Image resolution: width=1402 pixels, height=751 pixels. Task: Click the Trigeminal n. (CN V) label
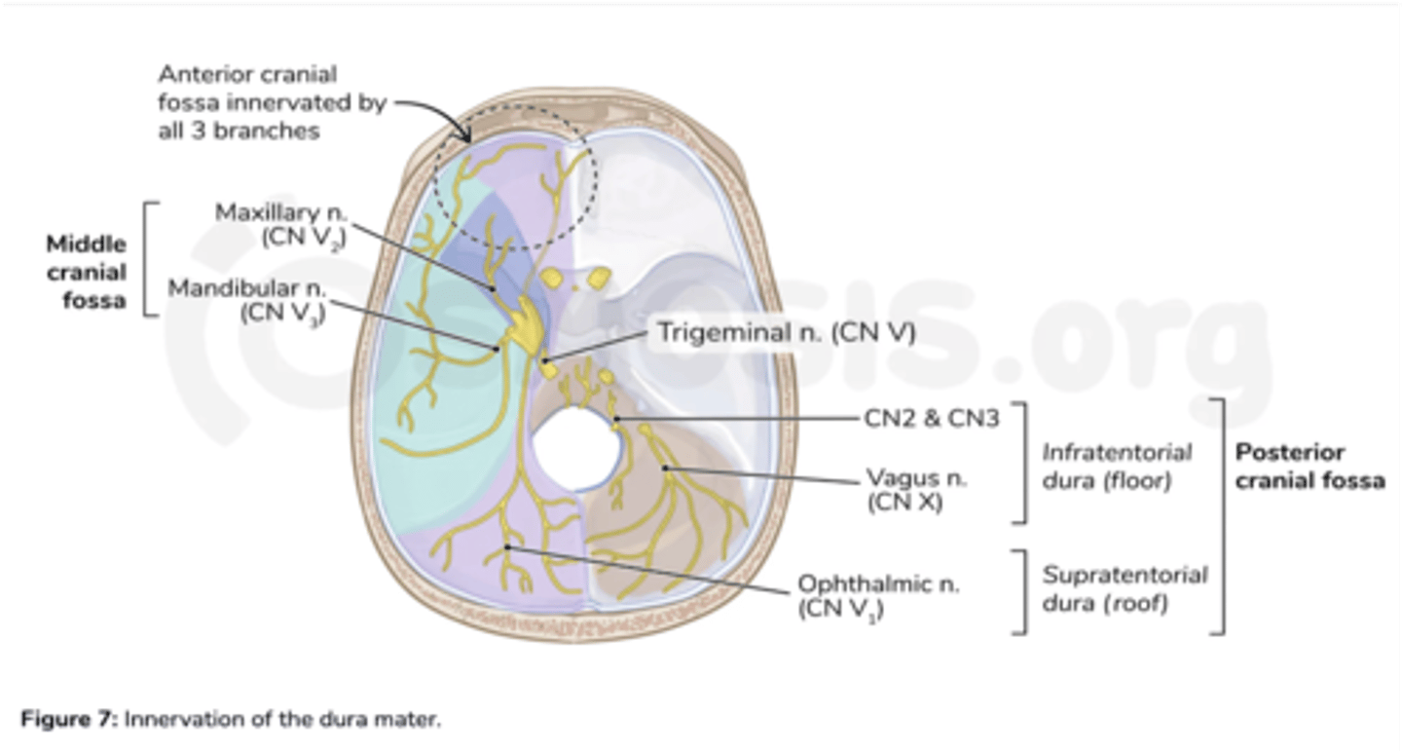(x=786, y=333)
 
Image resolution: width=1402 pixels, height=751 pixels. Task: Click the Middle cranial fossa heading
(x=88, y=272)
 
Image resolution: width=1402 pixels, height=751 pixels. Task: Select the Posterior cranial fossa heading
(x=1309, y=467)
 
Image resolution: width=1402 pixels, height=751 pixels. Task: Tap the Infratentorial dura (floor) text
(x=1116, y=467)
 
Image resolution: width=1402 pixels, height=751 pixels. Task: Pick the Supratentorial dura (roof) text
(x=1123, y=588)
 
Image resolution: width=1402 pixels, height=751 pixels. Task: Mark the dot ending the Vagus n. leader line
(x=665, y=469)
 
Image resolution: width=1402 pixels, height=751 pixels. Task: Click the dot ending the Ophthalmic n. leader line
(x=507, y=548)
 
